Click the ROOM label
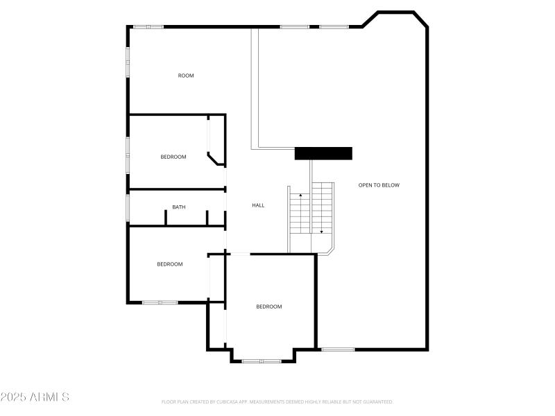186,76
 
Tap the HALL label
258,205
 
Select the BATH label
179,207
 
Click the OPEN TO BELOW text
379,185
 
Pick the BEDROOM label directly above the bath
173,157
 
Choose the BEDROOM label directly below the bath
170,264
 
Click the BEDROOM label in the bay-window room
269,306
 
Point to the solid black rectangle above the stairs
323,153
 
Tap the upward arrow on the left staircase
300,197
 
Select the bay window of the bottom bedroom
262,361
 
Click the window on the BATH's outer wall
128,207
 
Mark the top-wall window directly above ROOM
148,27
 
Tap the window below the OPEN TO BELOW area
338,349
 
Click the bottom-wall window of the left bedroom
160,302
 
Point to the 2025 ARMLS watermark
35,397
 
